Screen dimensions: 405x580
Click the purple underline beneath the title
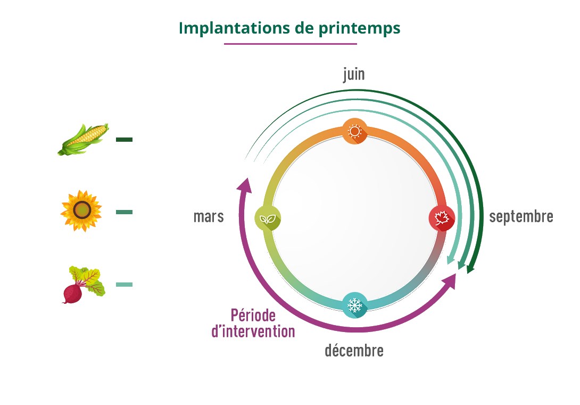tap(290, 44)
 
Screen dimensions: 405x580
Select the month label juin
tap(354, 74)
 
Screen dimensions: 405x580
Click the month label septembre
tap(521, 217)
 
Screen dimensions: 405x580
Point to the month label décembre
tap(354, 351)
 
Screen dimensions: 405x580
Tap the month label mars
tap(209, 217)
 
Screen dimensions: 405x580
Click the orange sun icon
tap(354, 131)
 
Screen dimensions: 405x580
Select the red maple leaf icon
tap(442, 218)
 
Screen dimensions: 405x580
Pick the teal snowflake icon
tap(354, 305)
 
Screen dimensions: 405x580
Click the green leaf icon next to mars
tap(268, 218)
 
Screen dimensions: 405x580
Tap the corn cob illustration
tap(84, 139)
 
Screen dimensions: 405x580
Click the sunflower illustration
tap(81, 211)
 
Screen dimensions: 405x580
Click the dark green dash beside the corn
tap(124, 140)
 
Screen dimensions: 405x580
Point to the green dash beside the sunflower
tap(124, 212)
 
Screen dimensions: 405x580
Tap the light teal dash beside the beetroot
tap(124, 285)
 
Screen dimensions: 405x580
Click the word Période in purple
tap(253, 315)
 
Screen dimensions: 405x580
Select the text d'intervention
tap(253, 331)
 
